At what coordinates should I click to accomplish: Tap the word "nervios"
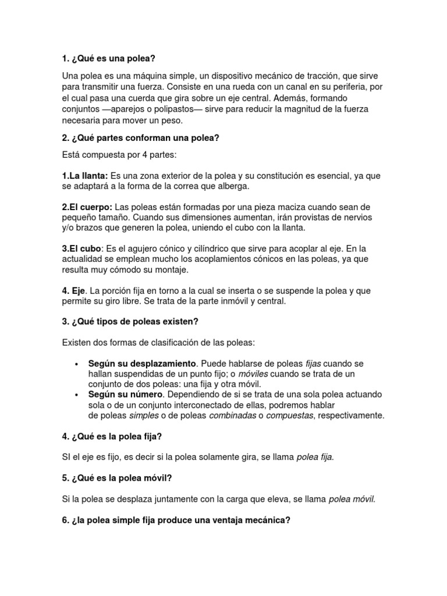pos(370,217)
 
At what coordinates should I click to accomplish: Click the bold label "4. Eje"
pos(74,290)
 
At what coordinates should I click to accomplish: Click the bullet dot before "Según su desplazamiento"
pos(77,364)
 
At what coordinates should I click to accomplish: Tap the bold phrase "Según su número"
pos(123,395)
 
